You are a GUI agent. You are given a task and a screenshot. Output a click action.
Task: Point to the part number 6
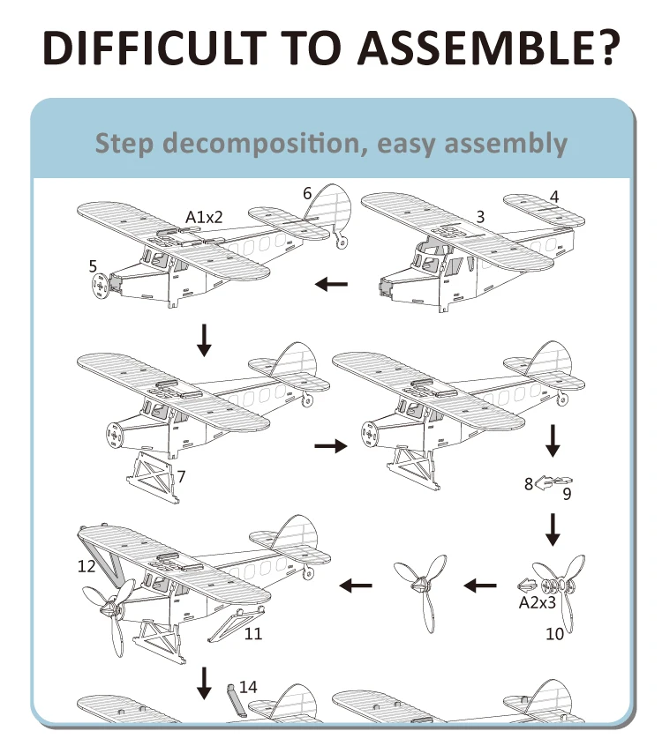pos(307,193)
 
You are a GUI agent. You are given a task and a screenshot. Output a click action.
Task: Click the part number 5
pos(93,265)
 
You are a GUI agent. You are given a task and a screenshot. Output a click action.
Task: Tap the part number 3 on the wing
pos(480,216)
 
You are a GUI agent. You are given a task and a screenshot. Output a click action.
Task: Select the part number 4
pos(554,197)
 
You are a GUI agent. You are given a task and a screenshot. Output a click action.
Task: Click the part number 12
pos(87,566)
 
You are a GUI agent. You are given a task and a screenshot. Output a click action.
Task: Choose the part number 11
pos(253,632)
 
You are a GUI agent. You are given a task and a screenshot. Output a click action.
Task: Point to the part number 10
pos(554,632)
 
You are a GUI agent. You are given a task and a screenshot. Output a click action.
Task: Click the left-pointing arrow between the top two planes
pos(332,284)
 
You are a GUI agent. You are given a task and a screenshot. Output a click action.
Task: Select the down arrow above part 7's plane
pos(205,339)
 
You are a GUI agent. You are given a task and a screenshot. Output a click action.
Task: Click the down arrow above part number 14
pos(205,682)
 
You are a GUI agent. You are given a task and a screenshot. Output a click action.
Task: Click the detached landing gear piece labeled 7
pos(150,476)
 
